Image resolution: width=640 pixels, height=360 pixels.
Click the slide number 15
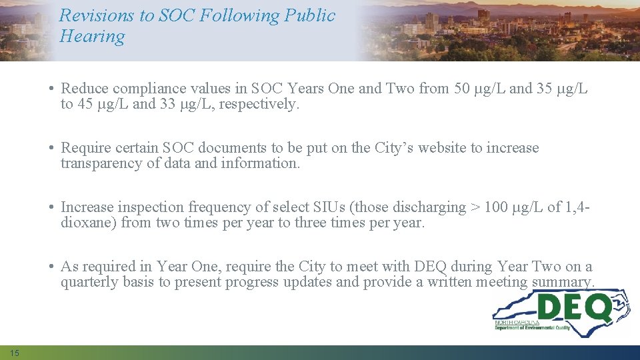pos(15,352)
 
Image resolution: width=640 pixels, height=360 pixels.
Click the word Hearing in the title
pos(92,36)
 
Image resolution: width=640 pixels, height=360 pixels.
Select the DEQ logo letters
pos(574,308)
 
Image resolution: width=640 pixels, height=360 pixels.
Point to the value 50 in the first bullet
pos(461,89)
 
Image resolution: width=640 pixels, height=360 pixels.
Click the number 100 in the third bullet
pos(495,207)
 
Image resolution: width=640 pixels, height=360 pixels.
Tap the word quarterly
pos(88,282)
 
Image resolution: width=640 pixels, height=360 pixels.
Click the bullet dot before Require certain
pos(51,148)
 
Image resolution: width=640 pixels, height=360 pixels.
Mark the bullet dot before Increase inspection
pos(51,207)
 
